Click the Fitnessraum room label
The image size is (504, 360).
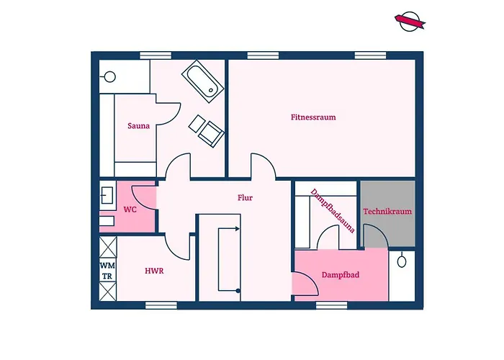pyautogui.click(x=313, y=117)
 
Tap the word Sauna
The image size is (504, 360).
pyautogui.click(x=138, y=126)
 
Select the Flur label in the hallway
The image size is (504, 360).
pyautogui.click(x=245, y=198)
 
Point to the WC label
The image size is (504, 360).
pyautogui.click(x=130, y=210)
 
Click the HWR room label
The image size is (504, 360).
pyautogui.click(x=154, y=271)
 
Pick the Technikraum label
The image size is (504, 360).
pyautogui.click(x=387, y=212)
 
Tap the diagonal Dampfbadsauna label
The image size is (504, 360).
pyautogui.click(x=333, y=211)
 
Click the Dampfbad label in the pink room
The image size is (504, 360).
pyautogui.click(x=341, y=275)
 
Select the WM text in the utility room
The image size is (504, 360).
pyautogui.click(x=107, y=266)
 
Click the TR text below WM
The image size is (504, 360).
pyautogui.click(x=107, y=276)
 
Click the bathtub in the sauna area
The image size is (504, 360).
pyautogui.click(x=203, y=81)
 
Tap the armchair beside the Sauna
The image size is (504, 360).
pyautogui.click(x=210, y=134)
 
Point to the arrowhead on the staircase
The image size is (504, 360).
pyautogui.click(x=238, y=229)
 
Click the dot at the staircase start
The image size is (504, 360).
pyautogui.click(x=238, y=291)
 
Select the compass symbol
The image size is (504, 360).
pyautogui.click(x=410, y=22)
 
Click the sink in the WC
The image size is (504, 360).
pyautogui.click(x=107, y=196)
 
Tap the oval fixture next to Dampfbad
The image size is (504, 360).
pyautogui.click(x=402, y=261)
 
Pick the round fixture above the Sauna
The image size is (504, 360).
pyautogui.click(x=110, y=77)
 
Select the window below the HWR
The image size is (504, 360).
pyautogui.click(x=161, y=305)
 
